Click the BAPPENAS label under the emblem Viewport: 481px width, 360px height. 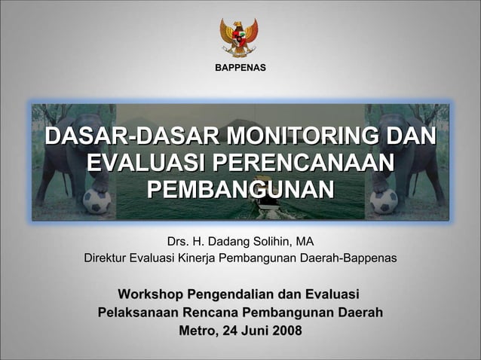click(x=240, y=69)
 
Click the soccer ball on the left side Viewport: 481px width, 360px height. click(x=97, y=201)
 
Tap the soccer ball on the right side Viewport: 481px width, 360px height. click(x=384, y=201)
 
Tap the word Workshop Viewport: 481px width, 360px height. click(x=151, y=293)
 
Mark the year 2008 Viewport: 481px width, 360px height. click(x=285, y=331)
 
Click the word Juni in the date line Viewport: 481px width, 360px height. click(x=252, y=331)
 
